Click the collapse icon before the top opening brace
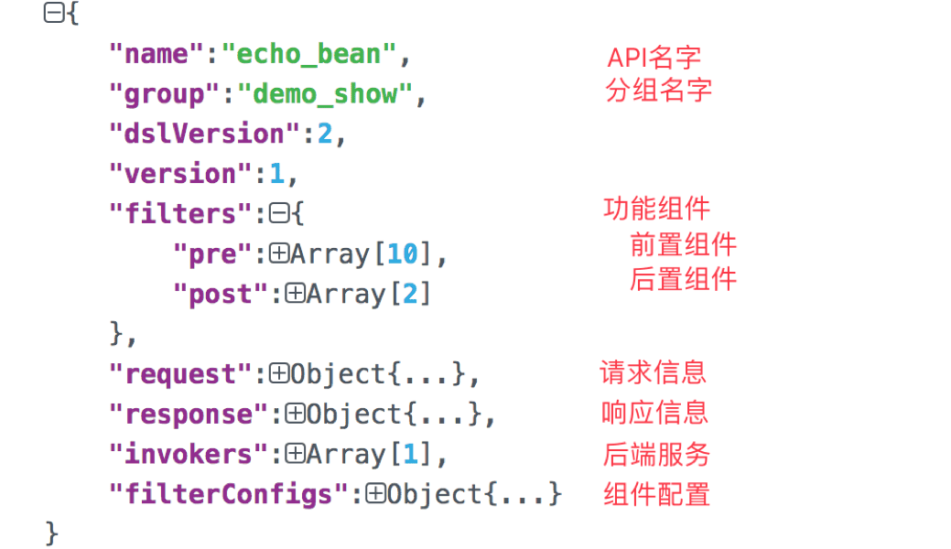pyautogui.click(x=53, y=13)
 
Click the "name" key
pyautogui.click(x=157, y=54)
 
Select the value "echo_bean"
pyautogui.click(x=308, y=55)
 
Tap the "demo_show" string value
pyautogui.click(x=325, y=94)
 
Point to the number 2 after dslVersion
pyautogui.click(x=325, y=135)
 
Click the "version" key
pyautogui.click(x=180, y=174)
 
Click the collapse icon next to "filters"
pyautogui.click(x=279, y=213)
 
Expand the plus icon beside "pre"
pyautogui.click(x=279, y=253)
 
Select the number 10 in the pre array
pyautogui.click(x=403, y=254)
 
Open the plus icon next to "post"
pyautogui.click(x=295, y=294)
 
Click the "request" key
pyautogui.click(x=180, y=374)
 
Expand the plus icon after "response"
pyautogui.click(x=295, y=414)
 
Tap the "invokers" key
pyautogui.click(x=188, y=455)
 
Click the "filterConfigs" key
pyautogui.click(x=228, y=494)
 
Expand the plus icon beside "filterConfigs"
pyautogui.click(x=375, y=494)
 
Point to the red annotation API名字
pyautogui.click(x=654, y=59)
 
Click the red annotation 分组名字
pyautogui.click(x=659, y=91)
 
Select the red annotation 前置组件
pyautogui.click(x=684, y=245)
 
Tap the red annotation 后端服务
pyautogui.click(x=656, y=455)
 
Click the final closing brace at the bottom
pyautogui.click(x=52, y=533)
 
